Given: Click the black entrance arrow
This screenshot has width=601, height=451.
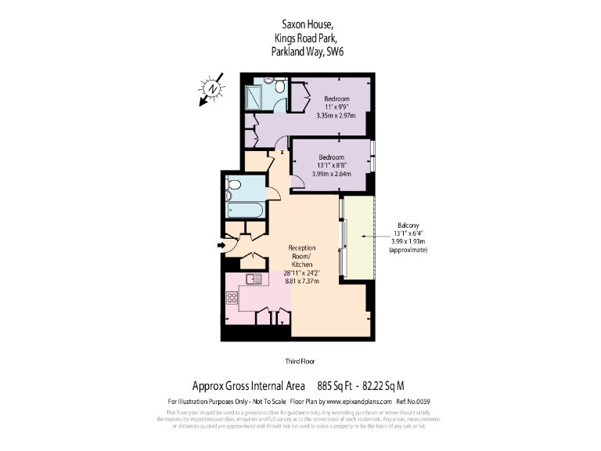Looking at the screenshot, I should click(x=221, y=246).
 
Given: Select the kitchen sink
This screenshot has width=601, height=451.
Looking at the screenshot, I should click(x=253, y=278).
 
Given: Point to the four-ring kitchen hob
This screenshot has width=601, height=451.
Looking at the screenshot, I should click(x=232, y=298).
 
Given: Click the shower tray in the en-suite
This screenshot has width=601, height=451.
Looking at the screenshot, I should click(x=254, y=97).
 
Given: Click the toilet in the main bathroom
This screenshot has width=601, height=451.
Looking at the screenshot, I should click(x=232, y=185).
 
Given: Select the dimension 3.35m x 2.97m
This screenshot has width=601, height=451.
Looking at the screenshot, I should click(x=336, y=116).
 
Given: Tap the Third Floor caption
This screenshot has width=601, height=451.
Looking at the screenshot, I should click(x=300, y=361).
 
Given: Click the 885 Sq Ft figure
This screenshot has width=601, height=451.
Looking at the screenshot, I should click(x=333, y=385).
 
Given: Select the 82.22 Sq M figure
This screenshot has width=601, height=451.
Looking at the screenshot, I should click(x=383, y=385).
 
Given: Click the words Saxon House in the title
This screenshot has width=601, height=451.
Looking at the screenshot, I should click(x=300, y=24).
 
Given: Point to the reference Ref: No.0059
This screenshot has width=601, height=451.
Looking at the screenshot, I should click(x=413, y=402).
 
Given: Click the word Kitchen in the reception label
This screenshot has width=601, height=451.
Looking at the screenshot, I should click(x=301, y=265).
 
